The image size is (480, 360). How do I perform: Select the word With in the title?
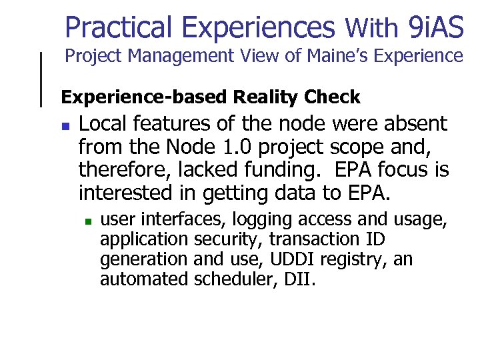371,29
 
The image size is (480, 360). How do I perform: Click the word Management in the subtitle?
172,57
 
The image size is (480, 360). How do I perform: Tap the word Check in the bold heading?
331,97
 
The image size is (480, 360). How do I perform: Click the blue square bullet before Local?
65,125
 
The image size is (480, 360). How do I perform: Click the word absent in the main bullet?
413,124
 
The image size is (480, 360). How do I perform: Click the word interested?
126,193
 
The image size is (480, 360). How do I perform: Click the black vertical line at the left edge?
42,79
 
